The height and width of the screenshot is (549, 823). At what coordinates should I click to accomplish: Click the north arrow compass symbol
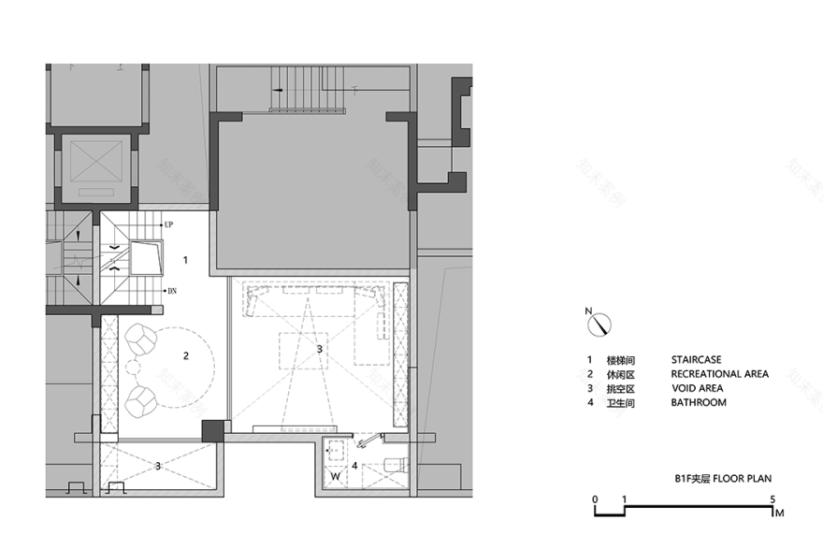599,324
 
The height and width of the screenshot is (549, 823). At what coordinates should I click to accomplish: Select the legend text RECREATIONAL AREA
719,374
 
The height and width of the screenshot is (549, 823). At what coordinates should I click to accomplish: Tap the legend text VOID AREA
697,388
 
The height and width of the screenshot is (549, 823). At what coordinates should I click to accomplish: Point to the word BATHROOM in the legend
699,403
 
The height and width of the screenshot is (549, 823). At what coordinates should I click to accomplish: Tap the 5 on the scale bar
772,499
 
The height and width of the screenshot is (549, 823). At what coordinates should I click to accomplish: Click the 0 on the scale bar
595,499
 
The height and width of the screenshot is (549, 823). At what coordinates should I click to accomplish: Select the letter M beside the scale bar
778,513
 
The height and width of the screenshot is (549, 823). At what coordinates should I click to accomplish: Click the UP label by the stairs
169,224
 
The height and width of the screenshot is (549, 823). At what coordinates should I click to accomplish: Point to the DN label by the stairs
172,291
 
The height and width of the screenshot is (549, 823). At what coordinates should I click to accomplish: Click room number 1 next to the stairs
185,259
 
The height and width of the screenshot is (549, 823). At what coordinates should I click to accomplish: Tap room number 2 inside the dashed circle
185,355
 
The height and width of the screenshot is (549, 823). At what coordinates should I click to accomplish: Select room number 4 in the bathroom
354,465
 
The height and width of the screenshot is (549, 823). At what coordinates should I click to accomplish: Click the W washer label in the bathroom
336,477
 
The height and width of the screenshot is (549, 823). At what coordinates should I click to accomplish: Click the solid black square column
214,430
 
